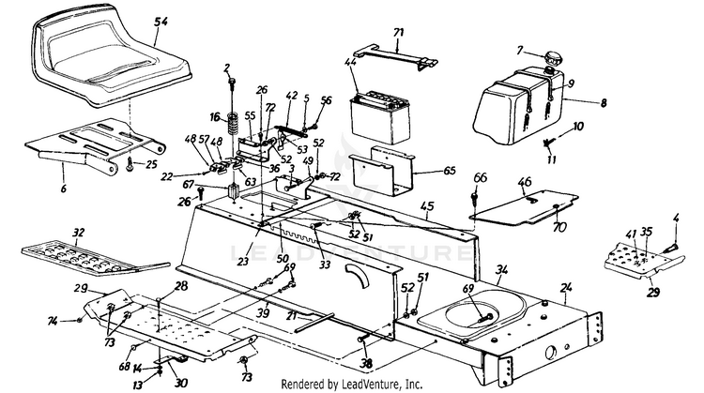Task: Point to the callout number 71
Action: tap(398, 34)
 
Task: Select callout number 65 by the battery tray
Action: tap(451, 172)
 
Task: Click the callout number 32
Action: tap(78, 232)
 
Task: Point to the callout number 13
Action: tap(135, 384)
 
